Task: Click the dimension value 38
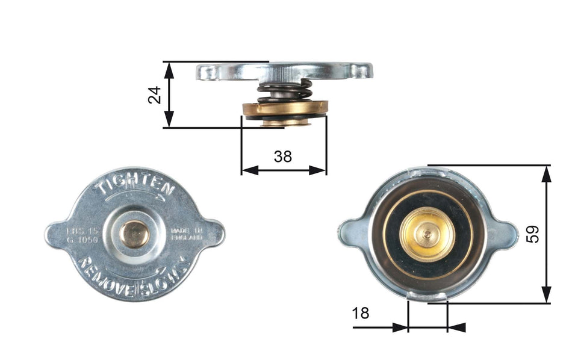coord(282,157)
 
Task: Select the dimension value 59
coord(532,234)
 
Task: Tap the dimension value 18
coord(361,313)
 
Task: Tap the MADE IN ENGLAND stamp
coord(187,234)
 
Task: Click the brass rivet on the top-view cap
coord(135,234)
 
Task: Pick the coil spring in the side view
coord(284,91)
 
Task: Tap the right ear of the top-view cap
coord(214,232)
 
